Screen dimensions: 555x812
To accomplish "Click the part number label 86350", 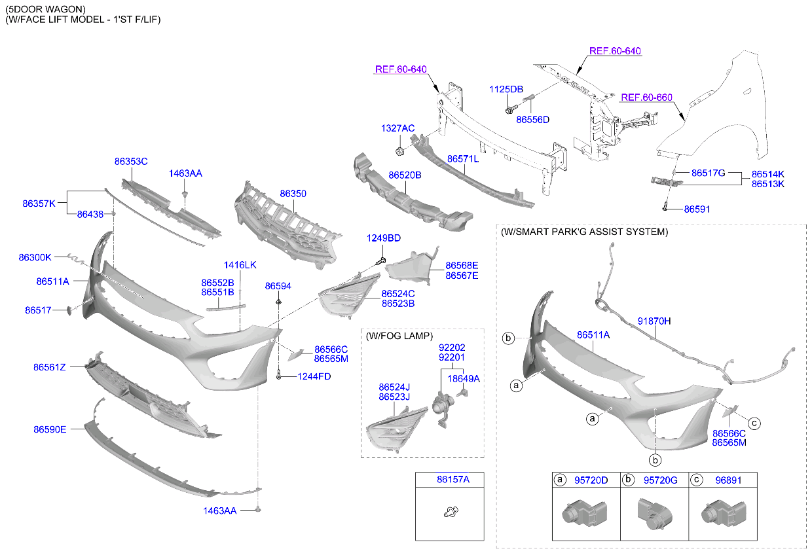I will [293, 194].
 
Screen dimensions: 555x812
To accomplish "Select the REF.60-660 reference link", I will [646, 98].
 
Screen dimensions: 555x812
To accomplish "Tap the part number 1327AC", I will [398, 128].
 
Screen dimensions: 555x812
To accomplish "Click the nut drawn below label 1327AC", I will [399, 152].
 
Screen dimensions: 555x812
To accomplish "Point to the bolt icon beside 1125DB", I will [509, 109].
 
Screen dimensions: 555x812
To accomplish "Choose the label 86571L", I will [463, 159].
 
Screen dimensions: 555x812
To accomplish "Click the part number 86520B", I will [405, 175].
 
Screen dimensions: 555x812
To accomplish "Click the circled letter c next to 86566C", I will [754, 423].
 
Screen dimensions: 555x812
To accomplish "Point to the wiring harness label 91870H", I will [654, 321].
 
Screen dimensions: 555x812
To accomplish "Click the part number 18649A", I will [464, 378].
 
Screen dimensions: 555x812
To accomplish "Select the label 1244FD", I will [314, 376].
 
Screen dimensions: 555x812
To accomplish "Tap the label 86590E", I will [50, 430].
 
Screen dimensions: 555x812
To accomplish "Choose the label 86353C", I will [131, 161].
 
